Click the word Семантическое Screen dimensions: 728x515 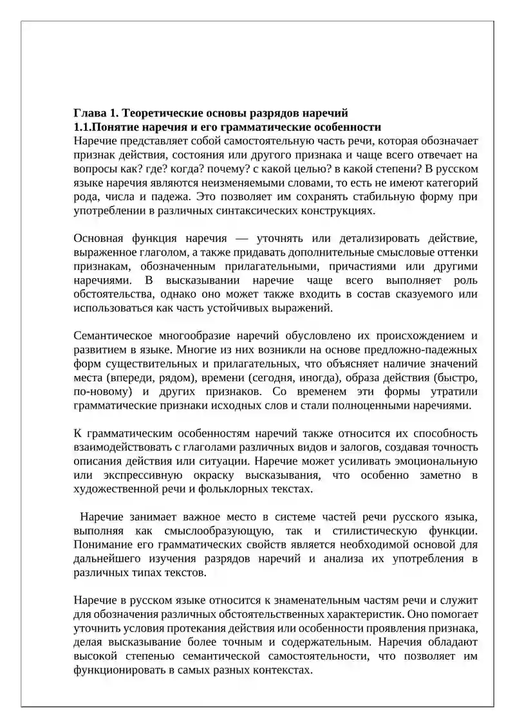click(113, 336)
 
